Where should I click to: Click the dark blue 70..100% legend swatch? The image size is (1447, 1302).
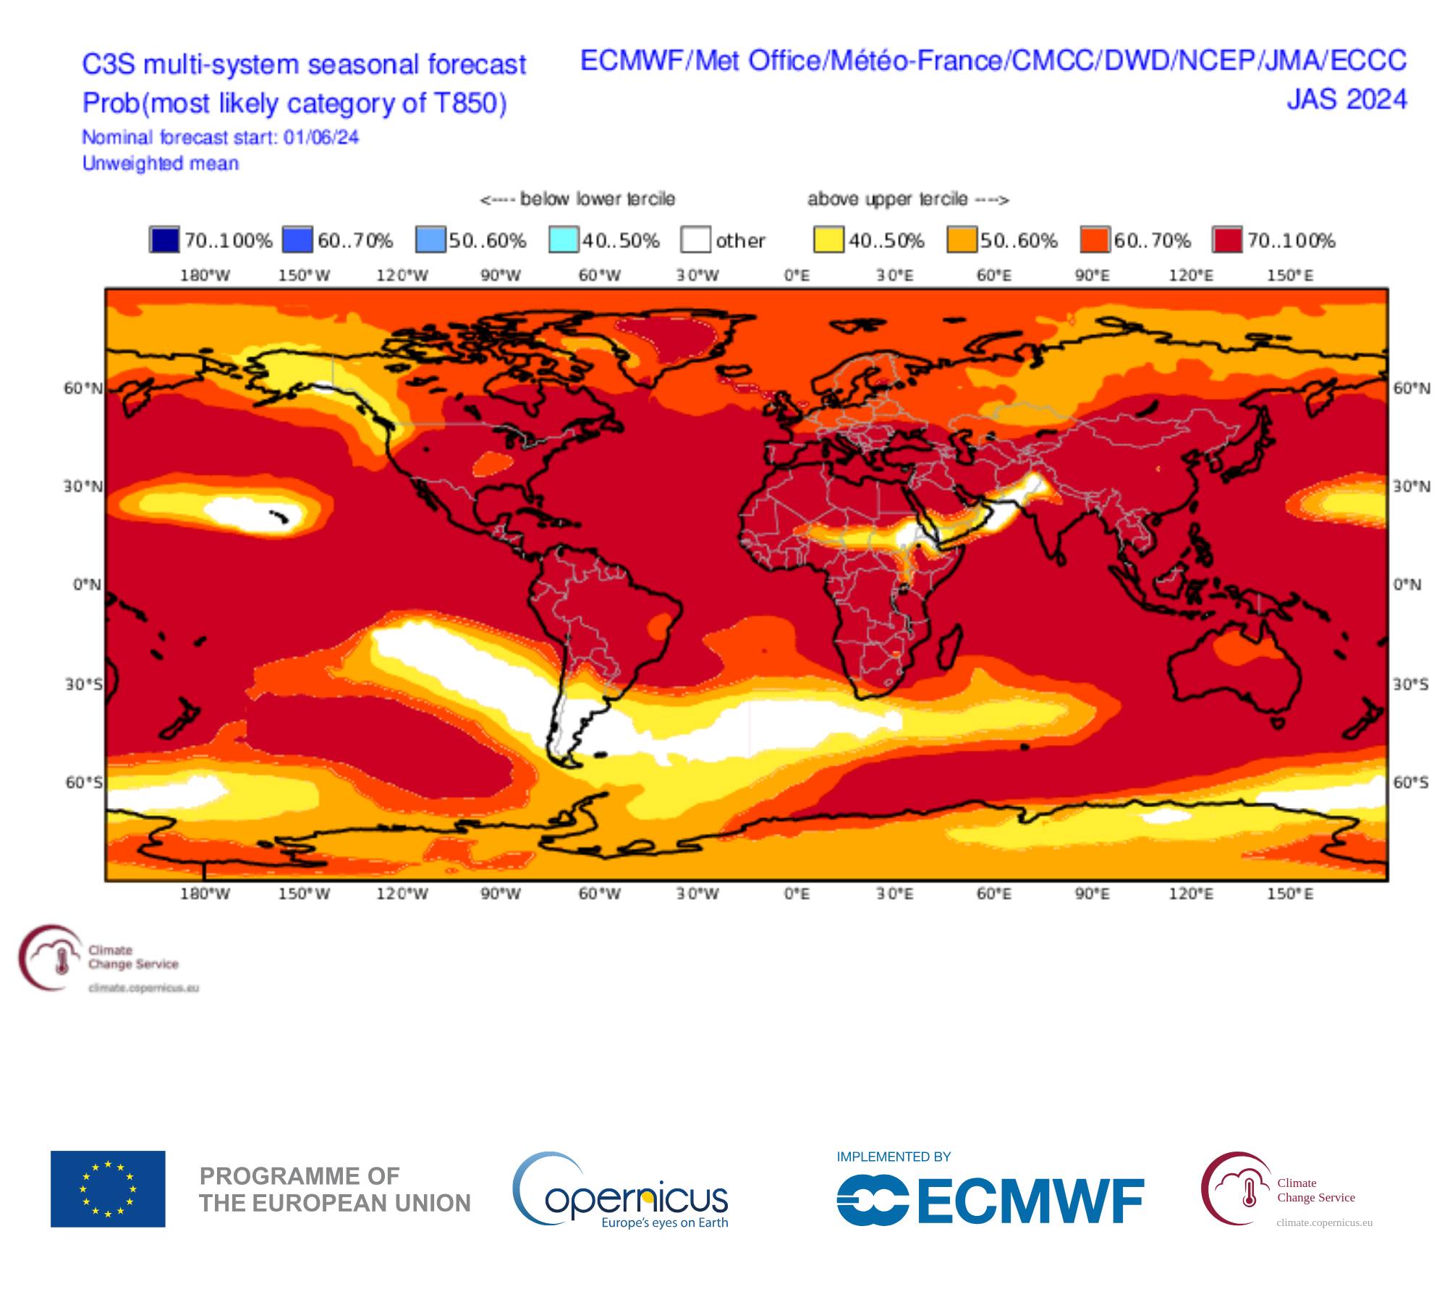(164, 240)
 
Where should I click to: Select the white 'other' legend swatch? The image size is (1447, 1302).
(695, 240)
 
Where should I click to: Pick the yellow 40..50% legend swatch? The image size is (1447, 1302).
(828, 240)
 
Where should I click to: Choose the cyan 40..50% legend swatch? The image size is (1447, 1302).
(563, 240)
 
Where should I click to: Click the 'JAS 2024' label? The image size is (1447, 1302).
(1346, 99)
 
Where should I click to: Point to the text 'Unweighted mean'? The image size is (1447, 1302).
(160, 163)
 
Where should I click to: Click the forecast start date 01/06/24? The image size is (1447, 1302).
(321, 137)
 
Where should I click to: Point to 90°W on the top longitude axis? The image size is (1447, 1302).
(501, 276)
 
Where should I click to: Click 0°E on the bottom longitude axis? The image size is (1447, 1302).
(797, 894)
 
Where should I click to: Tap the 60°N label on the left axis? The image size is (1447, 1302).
(83, 388)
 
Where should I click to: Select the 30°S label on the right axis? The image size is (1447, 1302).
(1411, 684)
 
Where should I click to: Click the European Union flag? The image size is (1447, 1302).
(108, 1189)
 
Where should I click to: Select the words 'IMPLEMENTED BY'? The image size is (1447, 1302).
(894, 1157)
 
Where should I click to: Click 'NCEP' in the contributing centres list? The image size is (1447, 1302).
(1218, 61)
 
